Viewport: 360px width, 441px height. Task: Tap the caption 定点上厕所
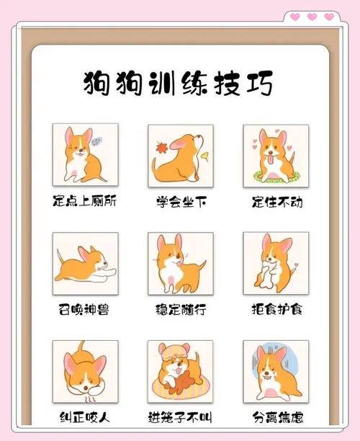84,201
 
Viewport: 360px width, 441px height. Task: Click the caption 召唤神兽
85,310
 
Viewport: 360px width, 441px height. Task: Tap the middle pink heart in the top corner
312,16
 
